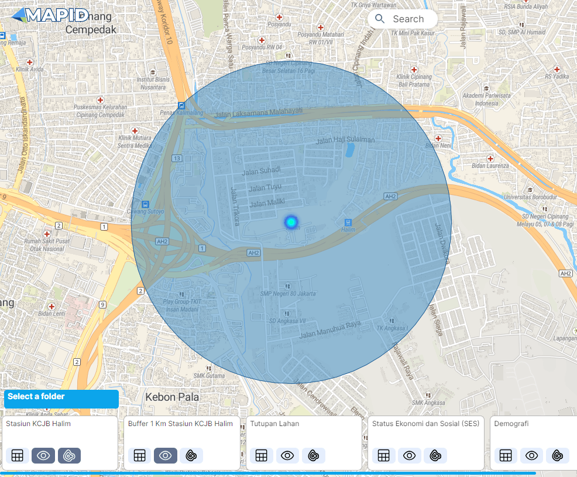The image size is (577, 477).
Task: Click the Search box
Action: point(403,19)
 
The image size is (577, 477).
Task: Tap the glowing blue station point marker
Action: point(291,222)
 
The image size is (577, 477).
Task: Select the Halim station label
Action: point(348,230)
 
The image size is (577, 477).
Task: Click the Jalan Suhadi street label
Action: point(261,170)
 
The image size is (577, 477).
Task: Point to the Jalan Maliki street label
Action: point(266,204)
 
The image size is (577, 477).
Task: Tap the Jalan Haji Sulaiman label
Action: point(345,140)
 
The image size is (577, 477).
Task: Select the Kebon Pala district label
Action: point(172,397)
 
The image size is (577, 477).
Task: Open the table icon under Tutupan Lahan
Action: point(261,455)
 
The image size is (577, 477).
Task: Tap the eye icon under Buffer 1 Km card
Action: point(166,455)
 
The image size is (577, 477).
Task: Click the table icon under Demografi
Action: point(506,455)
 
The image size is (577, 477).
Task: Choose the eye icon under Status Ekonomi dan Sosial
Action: point(409,455)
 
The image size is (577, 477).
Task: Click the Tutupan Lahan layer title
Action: point(274,424)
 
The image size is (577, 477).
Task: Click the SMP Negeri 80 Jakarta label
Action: point(288,293)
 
